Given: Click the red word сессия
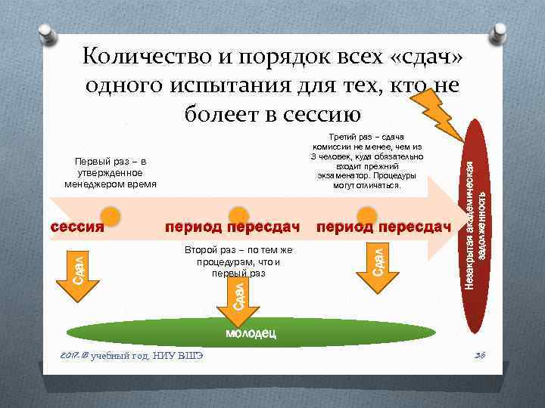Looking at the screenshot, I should [x=76, y=227].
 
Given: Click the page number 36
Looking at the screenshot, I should [x=478, y=357].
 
